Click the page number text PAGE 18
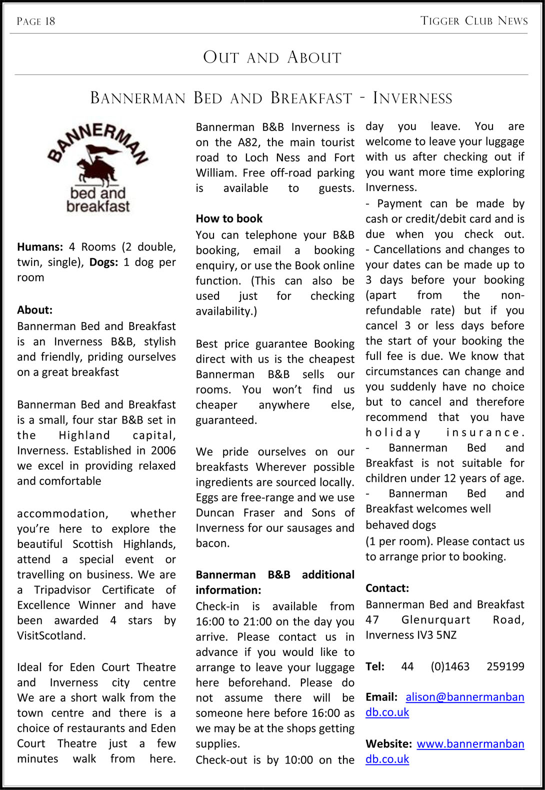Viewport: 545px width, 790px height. pyautogui.click(x=35, y=21)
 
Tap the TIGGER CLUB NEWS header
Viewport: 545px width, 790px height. pyautogui.click(x=474, y=20)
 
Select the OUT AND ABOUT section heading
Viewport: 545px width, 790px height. pyautogui.click(x=272, y=57)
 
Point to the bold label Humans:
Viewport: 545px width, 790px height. pyautogui.click(x=40, y=247)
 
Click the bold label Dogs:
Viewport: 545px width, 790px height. pyautogui.click(x=103, y=262)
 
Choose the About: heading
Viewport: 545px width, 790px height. pyautogui.click(x=34, y=310)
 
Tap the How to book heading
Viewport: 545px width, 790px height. pyautogui.click(x=229, y=218)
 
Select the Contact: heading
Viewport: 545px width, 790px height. pyautogui.click(x=387, y=588)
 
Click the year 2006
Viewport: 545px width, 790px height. pyautogui.click(x=163, y=450)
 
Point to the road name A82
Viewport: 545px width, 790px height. pyautogui.click(x=248, y=142)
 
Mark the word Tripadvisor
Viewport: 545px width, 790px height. pyautogui.click(x=62, y=590)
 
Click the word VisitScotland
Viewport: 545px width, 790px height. pyautogui.click(x=51, y=635)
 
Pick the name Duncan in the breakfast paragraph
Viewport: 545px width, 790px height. pyautogui.click(x=215, y=513)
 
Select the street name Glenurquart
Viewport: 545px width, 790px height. pyautogui.click(x=435, y=620)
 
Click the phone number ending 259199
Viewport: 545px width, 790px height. pyautogui.click(x=505, y=666)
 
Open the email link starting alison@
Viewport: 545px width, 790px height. pyautogui.click(x=464, y=697)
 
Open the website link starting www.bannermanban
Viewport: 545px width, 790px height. pyautogui.click(x=470, y=744)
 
